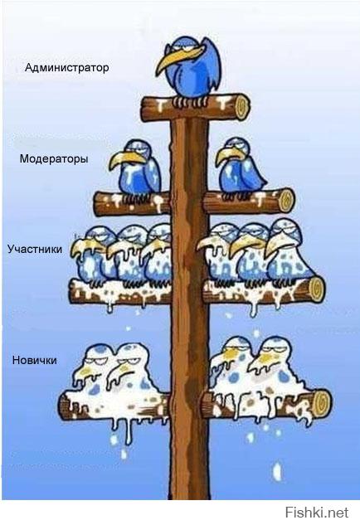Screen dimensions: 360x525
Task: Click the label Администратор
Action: [x=66, y=68]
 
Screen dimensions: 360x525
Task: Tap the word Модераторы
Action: [x=54, y=158]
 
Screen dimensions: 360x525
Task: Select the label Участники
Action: [x=35, y=249]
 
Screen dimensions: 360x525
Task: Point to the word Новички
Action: [x=35, y=360]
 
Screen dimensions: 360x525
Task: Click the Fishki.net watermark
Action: [x=317, y=513]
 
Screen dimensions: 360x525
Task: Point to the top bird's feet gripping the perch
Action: [x=190, y=101]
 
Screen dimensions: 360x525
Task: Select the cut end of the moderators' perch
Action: [x=287, y=200]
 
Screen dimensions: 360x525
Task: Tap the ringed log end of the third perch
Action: [x=316, y=289]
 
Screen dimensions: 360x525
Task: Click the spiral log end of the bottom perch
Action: [x=323, y=401]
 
